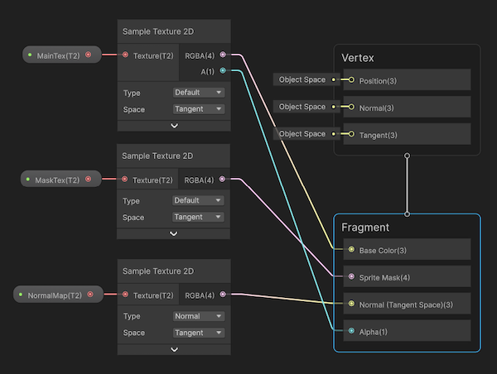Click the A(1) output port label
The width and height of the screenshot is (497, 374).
click(208, 71)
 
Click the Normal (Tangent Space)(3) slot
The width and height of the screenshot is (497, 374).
click(405, 304)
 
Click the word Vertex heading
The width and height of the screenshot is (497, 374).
click(358, 57)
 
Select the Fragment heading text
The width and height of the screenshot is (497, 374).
click(365, 227)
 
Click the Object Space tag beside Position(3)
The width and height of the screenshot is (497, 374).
click(302, 79)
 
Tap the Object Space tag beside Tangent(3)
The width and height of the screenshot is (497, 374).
click(302, 134)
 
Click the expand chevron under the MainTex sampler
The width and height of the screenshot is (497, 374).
click(174, 125)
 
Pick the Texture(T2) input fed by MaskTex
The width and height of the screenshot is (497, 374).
click(152, 180)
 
